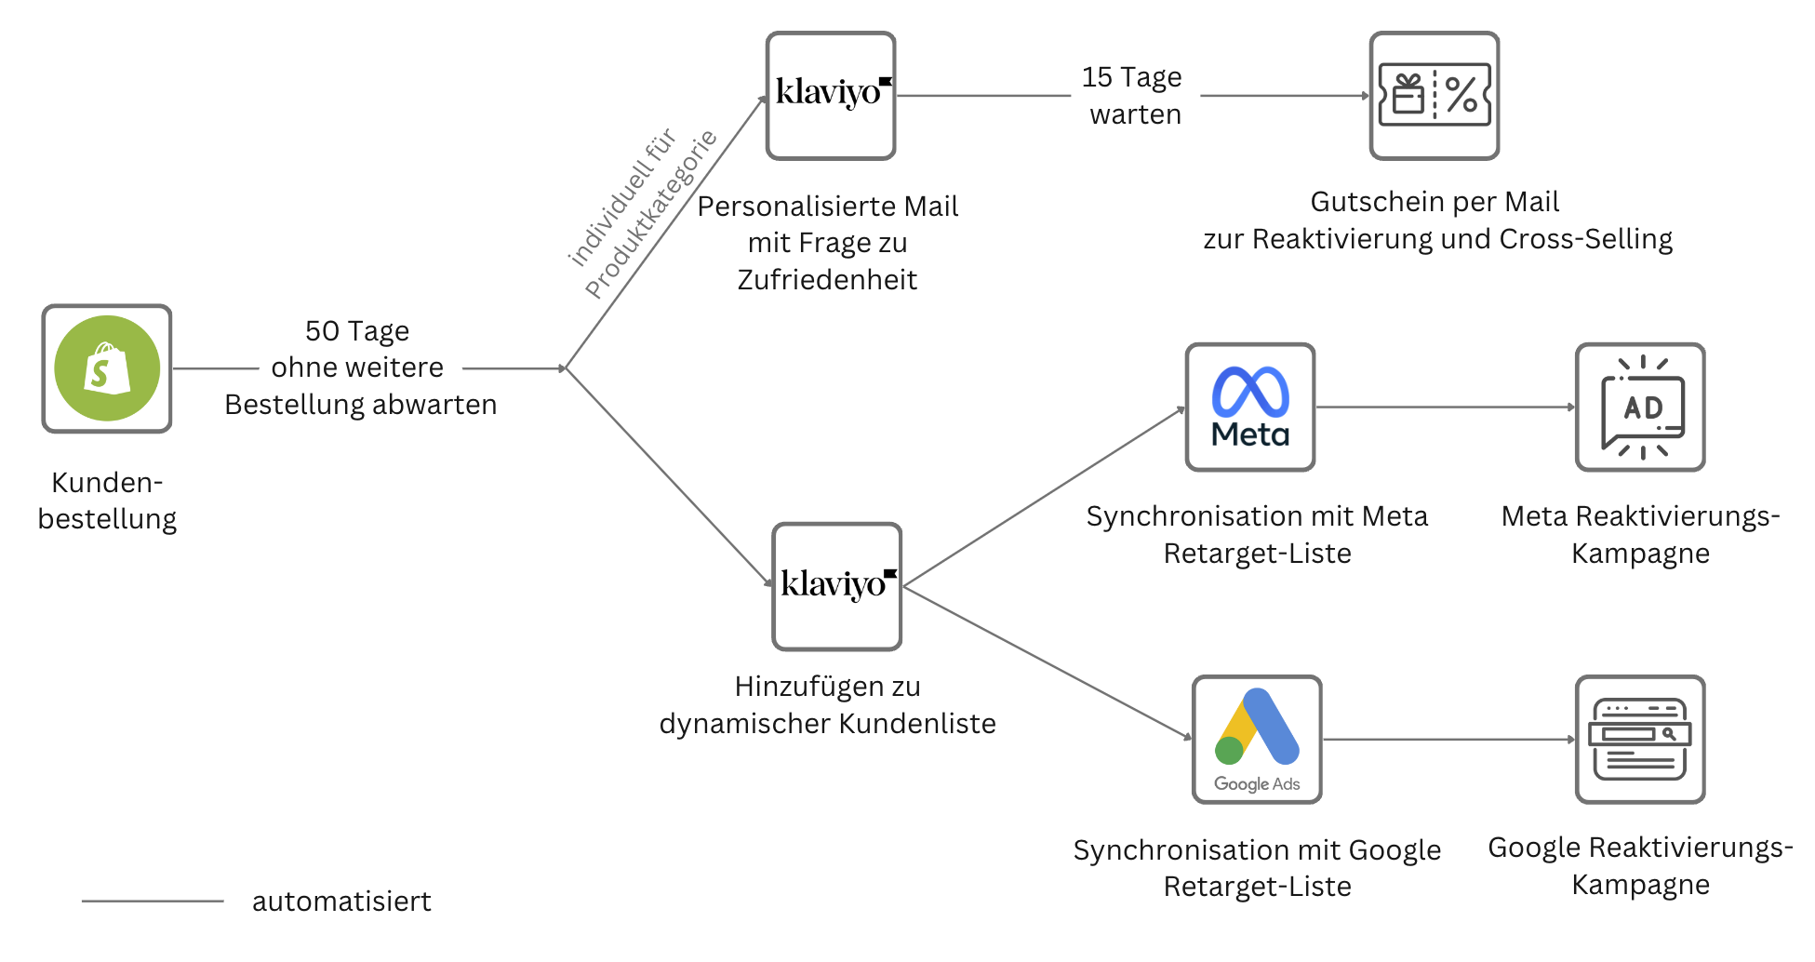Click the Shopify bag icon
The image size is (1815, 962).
pyautogui.click(x=107, y=368)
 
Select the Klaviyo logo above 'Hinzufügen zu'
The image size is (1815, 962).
pyautogui.click(x=836, y=586)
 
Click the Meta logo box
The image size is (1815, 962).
pyautogui.click(x=1249, y=408)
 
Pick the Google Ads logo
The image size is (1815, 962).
pyautogui.click(x=1257, y=739)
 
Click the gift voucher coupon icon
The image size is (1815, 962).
pyautogui.click(x=1434, y=95)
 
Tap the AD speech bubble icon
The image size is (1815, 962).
pyautogui.click(x=1639, y=408)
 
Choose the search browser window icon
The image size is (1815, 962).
pyautogui.click(x=1639, y=739)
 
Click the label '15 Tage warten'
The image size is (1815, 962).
pyautogui.click(x=1132, y=95)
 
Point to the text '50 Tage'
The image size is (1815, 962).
pyautogui.click(x=357, y=331)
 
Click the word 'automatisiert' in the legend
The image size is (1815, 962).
pyautogui.click(x=341, y=902)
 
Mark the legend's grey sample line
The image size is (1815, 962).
pyautogui.click(x=153, y=901)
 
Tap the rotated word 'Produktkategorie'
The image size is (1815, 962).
pyautogui.click(x=651, y=214)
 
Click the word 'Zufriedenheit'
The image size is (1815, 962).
pyautogui.click(x=827, y=280)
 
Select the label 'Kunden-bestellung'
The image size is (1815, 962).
pyautogui.click(x=107, y=501)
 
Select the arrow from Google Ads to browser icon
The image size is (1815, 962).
pyautogui.click(x=1448, y=740)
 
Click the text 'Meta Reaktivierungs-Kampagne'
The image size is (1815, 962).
pyautogui.click(x=1640, y=535)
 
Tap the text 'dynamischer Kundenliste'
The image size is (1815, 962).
pyautogui.click(x=827, y=724)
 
